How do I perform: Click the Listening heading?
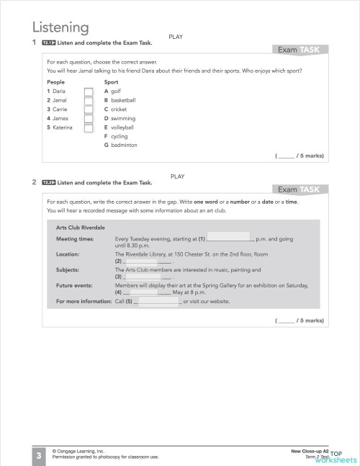pyautogui.click(x=60, y=27)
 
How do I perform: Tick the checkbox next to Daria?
pyautogui.click(x=88, y=91)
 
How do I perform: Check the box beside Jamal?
pyautogui.click(x=88, y=101)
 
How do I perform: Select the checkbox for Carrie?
pyautogui.click(x=88, y=109)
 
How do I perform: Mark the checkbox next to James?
pyautogui.click(x=88, y=119)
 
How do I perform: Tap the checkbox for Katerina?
pyautogui.click(x=88, y=127)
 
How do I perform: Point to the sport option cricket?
pyautogui.click(x=119, y=109)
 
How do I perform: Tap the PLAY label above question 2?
pyautogui.click(x=179, y=176)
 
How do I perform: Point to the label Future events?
pyautogui.click(x=74, y=285)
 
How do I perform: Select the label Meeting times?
pyautogui.click(x=75, y=238)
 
